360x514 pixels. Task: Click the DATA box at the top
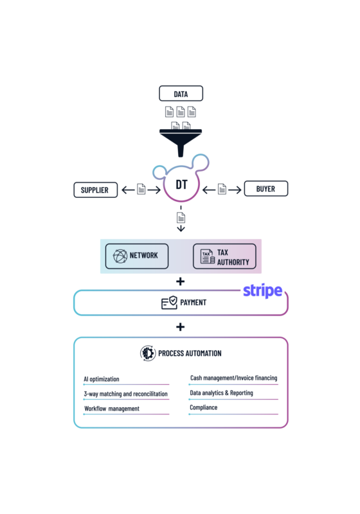click(x=181, y=94)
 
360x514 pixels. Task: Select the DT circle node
click(x=181, y=184)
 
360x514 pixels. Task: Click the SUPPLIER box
click(x=95, y=190)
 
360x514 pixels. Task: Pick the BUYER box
click(x=266, y=188)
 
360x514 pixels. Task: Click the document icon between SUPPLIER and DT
click(x=141, y=189)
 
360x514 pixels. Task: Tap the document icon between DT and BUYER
click(x=222, y=189)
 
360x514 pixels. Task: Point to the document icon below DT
click(x=181, y=217)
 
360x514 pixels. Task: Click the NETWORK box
click(x=137, y=256)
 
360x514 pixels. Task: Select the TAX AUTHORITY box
click(x=224, y=256)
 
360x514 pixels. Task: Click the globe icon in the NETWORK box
click(x=120, y=256)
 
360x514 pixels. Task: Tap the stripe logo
click(x=263, y=291)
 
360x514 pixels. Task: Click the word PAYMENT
click(x=193, y=302)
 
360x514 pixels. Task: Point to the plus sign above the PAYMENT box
click(x=181, y=281)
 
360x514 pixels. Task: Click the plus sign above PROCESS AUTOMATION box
click(x=181, y=327)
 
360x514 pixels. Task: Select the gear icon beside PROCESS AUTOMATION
click(x=148, y=353)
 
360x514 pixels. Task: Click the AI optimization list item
click(x=102, y=379)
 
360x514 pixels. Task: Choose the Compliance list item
click(x=204, y=407)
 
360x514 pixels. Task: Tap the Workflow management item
click(x=112, y=409)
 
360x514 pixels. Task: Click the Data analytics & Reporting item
click(x=221, y=393)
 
